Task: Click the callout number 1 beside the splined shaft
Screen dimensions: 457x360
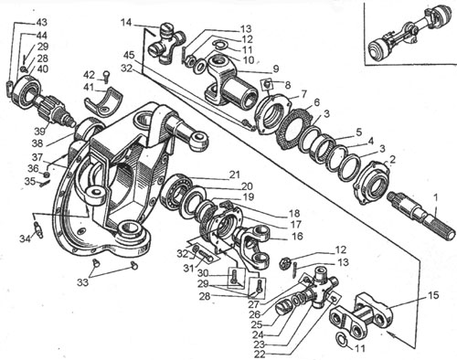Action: (x=436, y=198)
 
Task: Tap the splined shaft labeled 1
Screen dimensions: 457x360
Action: (x=422, y=216)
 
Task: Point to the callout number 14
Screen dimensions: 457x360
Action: (x=127, y=23)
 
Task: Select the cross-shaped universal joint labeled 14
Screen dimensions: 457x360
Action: (x=166, y=44)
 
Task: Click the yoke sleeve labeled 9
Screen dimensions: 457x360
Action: (x=230, y=81)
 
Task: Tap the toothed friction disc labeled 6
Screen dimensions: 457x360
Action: (x=295, y=130)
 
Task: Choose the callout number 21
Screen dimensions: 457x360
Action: (x=234, y=175)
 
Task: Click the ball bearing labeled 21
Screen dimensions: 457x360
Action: (x=175, y=191)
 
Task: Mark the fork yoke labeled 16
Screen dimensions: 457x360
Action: (x=252, y=246)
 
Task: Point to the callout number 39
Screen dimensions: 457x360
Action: (x=39, y=132)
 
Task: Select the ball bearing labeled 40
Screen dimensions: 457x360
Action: (x=25, y=91)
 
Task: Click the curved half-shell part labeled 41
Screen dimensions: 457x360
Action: (x=102, y=103)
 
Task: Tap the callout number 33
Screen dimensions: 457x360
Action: (x=82, y=282)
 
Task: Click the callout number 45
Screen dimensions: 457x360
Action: (x=129, y=56)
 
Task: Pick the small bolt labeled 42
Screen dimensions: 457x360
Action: (x=105, y=77)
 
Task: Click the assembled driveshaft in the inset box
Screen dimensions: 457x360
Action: (x=410, y=34)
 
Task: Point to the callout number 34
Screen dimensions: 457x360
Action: (x=26, y=238)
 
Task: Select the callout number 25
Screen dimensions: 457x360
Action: (x=258, y=323)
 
